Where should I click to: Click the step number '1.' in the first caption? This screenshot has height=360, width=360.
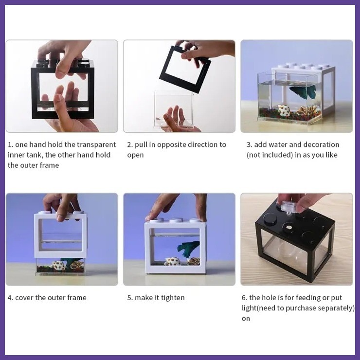click(11, 144)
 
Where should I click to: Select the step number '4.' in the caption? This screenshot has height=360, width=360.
click(10, 298)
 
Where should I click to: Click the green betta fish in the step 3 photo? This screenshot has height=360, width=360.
click(303, 90)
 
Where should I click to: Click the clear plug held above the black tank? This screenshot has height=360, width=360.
click(288, 207)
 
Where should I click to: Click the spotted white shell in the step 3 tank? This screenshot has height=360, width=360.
click(284, 110)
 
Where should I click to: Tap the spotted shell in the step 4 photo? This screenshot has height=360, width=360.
click(58, 266)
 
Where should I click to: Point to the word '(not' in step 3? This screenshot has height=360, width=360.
click(253, 155)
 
